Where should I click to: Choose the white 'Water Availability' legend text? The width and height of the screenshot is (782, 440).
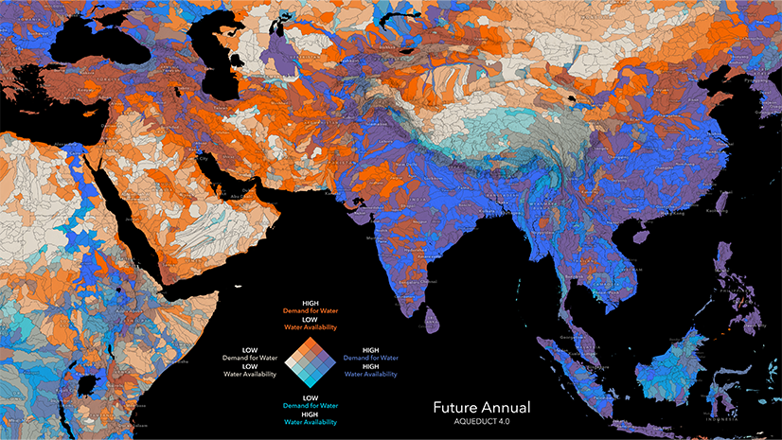tap(249, 375)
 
